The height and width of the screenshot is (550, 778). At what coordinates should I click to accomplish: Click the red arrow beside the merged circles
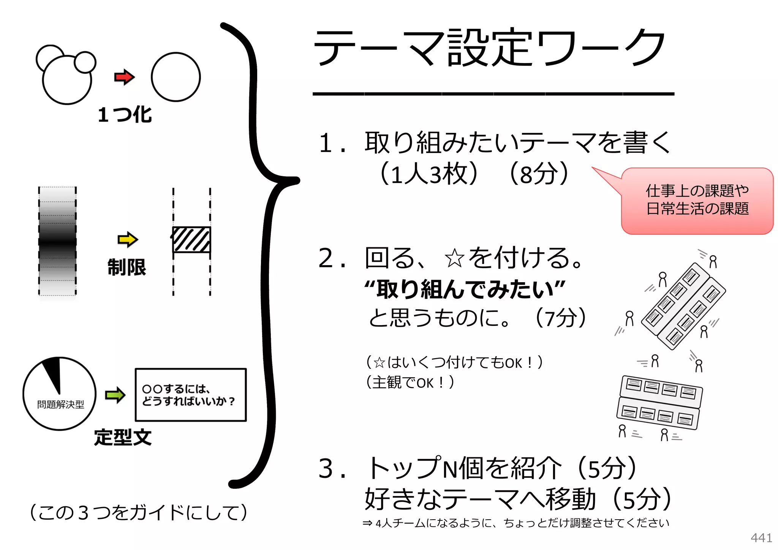pyautogui.click(x=124, y=77)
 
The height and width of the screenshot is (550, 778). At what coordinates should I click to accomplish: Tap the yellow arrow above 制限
pyautogui.click(x=127, y=240)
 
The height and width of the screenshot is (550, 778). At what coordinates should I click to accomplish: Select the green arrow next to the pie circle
pyautogui.click(x=115, y=395)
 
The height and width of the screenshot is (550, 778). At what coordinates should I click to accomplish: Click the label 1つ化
pyautogui.click(x=125, y=114)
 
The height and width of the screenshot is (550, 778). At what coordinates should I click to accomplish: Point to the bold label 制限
pyautogui.click(x=127, y=267)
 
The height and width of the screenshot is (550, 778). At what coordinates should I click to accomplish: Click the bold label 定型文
pyautogui.click(x=123, y=437)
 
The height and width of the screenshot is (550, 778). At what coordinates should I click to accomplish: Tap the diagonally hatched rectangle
pyautogui.click(x=191, y=240)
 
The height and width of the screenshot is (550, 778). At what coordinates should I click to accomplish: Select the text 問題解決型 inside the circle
pyautogui.click(x=60, y=405)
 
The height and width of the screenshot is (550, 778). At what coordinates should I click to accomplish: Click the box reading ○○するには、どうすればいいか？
pyautogui.click(x=191, y=395)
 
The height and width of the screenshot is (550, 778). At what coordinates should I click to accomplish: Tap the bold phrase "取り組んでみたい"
pyautogui.click(x=464, y=289)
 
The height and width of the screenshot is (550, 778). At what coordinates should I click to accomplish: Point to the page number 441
pyautogui.click(x=761, y=538)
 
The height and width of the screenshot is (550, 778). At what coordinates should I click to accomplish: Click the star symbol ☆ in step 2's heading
pyautogui.click(x=454, y=259)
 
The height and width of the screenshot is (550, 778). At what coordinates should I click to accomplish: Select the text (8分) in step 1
pyautogui.click(x=539, y=174)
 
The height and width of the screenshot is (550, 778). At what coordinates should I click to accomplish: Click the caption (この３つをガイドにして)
pyautogui.click(x=138, y=512)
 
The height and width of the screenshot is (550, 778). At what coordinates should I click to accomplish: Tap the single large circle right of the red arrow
pyautogui.click(x=176, y=77)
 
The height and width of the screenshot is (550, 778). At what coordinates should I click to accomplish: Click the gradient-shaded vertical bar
pyautogui.click(x=57, y=241)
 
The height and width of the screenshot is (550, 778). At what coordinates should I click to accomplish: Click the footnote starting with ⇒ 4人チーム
pyautogui.click(x=516, y=523)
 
